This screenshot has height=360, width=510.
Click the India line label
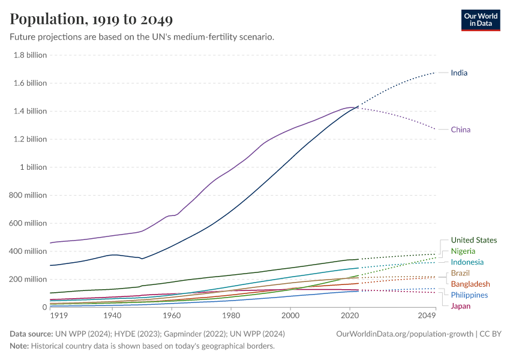pyautogui.click(x=459, y=73)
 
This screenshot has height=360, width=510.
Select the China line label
pyautogui.click(x=460, y=130)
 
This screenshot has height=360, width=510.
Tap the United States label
pyautogui.click(x=473, y=240)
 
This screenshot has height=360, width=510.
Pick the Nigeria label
pyautogui.click(x=463, y=251)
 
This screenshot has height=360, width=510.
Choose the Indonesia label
pyautogui.click(x=467, y=262)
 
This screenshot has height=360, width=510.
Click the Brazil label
pyautogui.click(x=460, y=273)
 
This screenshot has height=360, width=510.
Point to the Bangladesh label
pyautogui.click(x=470, y=284)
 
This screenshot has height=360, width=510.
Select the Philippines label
pyautogui.click(x=469, y=295)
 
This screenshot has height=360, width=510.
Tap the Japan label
pyautogui.click(x=460, y=306)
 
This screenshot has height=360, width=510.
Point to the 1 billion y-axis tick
pyautogui.click(x=32, y=167)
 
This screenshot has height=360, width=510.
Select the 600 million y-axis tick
pyautogui.click(x=28, y=223)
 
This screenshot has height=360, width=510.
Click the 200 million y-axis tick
pyautogui.click(x=28, y=279)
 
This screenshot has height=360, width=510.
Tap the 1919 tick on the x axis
pyautogui.click(x=58, y=315)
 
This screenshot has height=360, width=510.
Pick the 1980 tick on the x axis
pyautogui.click(x=231, y=315)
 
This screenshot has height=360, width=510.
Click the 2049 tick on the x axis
pyautogui.click(x=427, y=315)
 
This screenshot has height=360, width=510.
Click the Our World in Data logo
pyautogui.click(x=480, y=20)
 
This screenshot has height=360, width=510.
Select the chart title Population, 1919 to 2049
pyautogui.click(x=91, y=19)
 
